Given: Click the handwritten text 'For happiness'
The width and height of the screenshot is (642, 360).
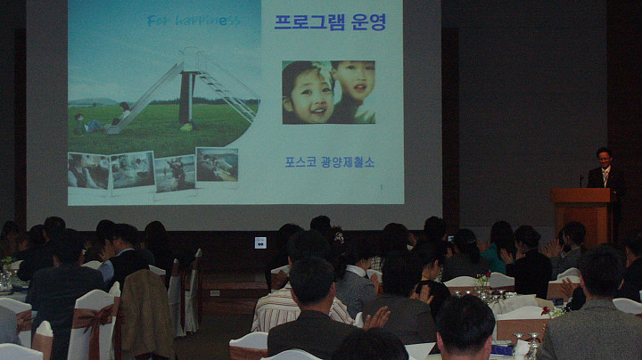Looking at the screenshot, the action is (x=193, y=20).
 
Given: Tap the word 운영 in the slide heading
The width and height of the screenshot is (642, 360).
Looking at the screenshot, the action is (x=369, y=22).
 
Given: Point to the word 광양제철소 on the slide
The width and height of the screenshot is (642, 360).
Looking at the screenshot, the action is (x=348, y=162).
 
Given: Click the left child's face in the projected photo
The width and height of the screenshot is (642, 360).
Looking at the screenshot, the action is (x=308, y=95).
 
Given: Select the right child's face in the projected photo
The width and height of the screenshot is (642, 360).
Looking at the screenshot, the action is (x=355, y=83).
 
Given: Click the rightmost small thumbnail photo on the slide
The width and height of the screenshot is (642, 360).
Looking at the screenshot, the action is (x=217, y=165).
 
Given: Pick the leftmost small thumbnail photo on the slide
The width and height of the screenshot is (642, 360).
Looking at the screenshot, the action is (x=88, y=170).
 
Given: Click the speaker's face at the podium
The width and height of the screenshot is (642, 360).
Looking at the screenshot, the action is (x=605, y=158).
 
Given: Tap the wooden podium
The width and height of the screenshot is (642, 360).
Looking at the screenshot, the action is (x=582, y=216).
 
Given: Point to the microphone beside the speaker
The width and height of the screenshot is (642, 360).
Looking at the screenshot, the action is (x=581, y=181).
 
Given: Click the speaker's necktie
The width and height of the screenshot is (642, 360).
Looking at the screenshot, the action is (x=605, y=177).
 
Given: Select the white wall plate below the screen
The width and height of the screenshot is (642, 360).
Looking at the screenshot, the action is (x=260, y=242).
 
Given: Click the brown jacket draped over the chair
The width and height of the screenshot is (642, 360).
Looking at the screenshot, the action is (x=146, y=312).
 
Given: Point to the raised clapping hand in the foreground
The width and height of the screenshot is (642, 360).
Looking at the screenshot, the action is (x=376, y=317).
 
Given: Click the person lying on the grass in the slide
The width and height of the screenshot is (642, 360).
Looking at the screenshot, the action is (x=90, y=125).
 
